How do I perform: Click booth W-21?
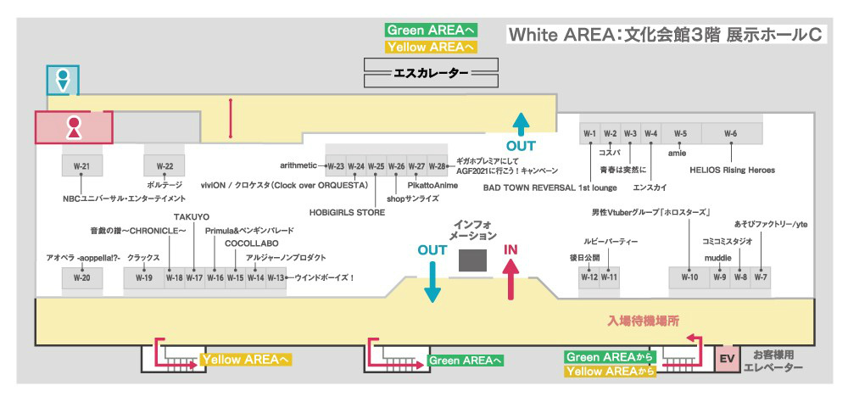tap(82, 165)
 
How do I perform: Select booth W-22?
tap(165, 165)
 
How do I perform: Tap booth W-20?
tap(82, 277)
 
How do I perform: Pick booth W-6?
tap(731, 133)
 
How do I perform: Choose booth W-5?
tap(680, 133)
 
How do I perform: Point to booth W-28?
tap(437, 166)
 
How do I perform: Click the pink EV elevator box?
tap(726, 358)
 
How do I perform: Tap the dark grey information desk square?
tap(473, 260)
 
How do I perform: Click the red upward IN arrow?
tap(511, 280)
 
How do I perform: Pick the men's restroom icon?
tap(62, 80)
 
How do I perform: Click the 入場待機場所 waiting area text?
tap(643, 322)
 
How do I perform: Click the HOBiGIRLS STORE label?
tap(347, 213)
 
